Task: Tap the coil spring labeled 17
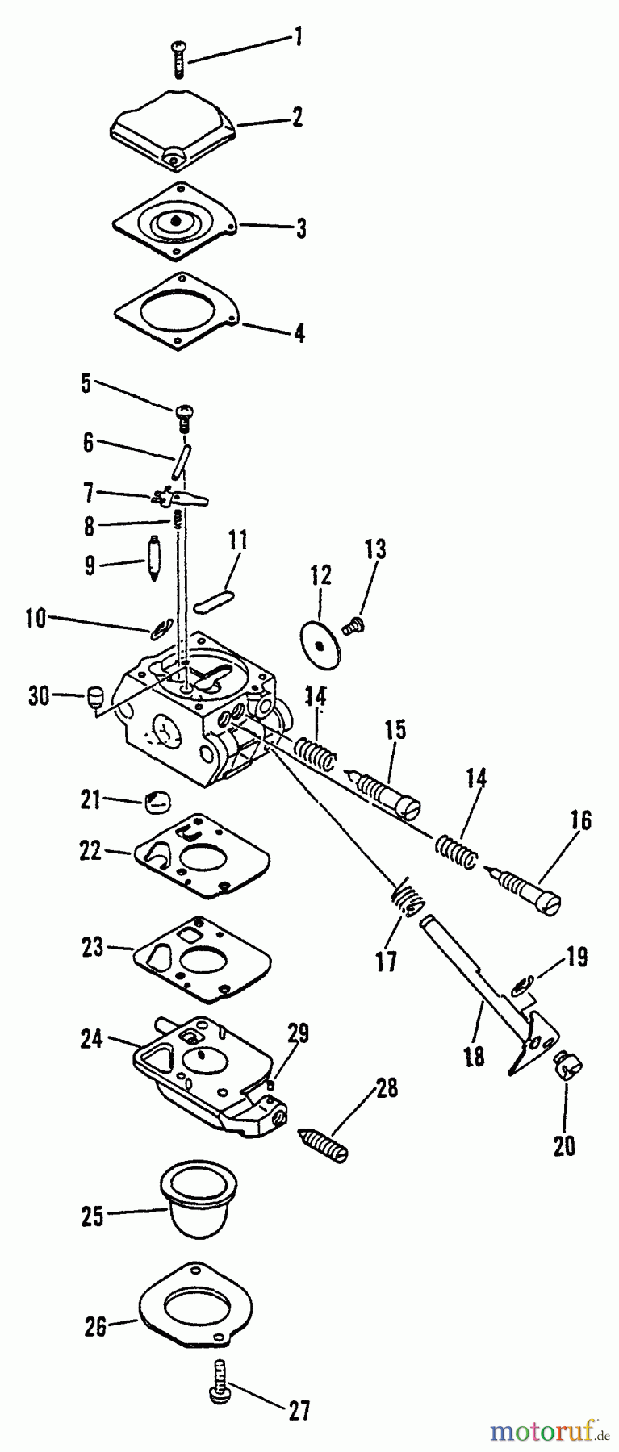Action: (407, 896)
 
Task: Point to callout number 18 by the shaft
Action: (475, 1057)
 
